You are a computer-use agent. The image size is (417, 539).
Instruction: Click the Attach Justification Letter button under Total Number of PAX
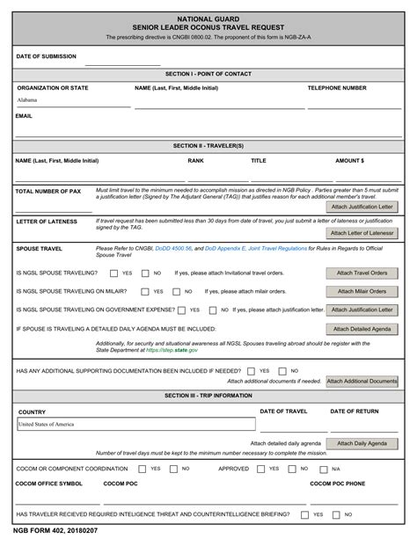point(362,207)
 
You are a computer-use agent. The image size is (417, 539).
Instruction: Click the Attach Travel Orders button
point(362,273)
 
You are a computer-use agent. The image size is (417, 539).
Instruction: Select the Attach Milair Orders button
point(362,291)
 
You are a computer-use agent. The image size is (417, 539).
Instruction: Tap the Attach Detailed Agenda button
point(362,328)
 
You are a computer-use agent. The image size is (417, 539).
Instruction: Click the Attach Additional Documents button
point(362,382)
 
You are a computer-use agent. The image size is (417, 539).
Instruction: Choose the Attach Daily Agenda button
point(362,444)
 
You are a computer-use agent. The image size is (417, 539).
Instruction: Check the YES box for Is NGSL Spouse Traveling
point(113,273)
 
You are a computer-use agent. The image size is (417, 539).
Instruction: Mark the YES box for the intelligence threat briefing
point(305,514)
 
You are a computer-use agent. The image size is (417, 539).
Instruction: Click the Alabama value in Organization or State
point(27,101)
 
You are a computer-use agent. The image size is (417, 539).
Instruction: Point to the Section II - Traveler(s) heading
point(208,145)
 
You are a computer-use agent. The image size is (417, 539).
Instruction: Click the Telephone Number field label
point(336,88)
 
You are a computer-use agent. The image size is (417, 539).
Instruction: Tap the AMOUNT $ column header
point(349,161)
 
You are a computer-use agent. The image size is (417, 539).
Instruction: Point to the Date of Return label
point(354,412)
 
